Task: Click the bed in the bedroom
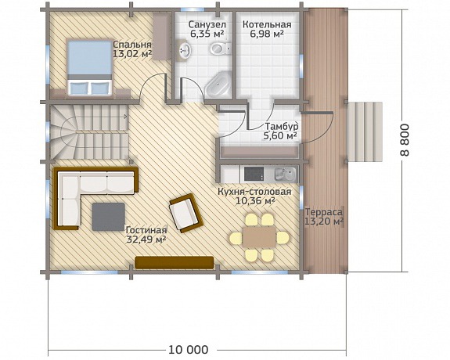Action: (89, 67)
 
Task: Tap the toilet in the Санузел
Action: (221, 49)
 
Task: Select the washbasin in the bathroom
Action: (185, 50)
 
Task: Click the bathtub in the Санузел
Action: (218, 84)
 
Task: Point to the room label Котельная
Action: (267, 25)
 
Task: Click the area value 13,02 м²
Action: (132, 54)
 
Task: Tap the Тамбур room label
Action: (282, 126)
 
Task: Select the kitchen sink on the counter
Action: (286, 174)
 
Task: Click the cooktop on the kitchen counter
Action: (254, 174)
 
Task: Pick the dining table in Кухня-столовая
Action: (259, 237)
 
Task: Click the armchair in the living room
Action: (186, 213)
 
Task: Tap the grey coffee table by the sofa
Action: (109, 217)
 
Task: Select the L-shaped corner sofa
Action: (95, 198)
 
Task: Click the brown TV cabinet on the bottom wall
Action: (175, 263)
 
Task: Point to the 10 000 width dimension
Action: (188, 350)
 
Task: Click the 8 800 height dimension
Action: (405, 140)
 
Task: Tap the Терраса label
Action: (324, 212)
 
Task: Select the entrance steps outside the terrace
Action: (365, 131)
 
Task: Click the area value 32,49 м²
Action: (146, 239)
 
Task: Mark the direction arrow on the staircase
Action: (125, 117)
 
